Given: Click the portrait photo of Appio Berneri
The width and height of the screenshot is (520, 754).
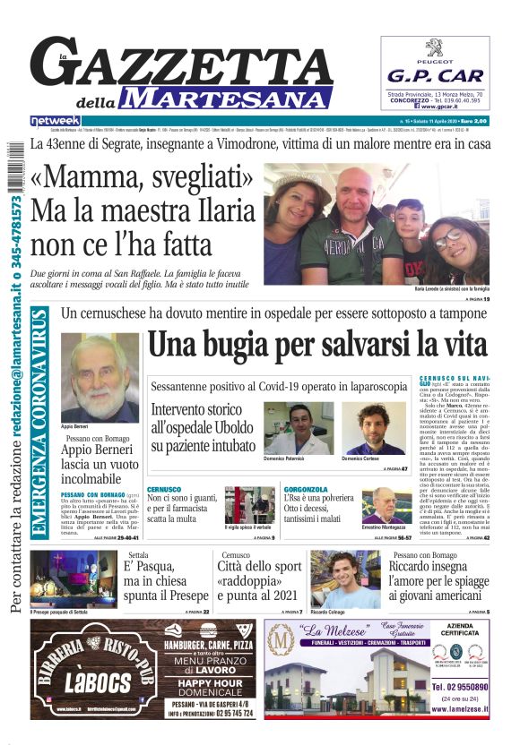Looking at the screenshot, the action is point(100,380).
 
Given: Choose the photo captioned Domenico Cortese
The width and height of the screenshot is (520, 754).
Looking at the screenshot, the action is point(369,428).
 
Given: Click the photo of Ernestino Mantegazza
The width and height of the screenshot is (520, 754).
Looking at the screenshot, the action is point(386,507).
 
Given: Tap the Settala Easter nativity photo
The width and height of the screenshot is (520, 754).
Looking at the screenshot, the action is point(71,578).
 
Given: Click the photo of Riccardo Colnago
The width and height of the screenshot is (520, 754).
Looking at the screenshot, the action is point(345,578).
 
